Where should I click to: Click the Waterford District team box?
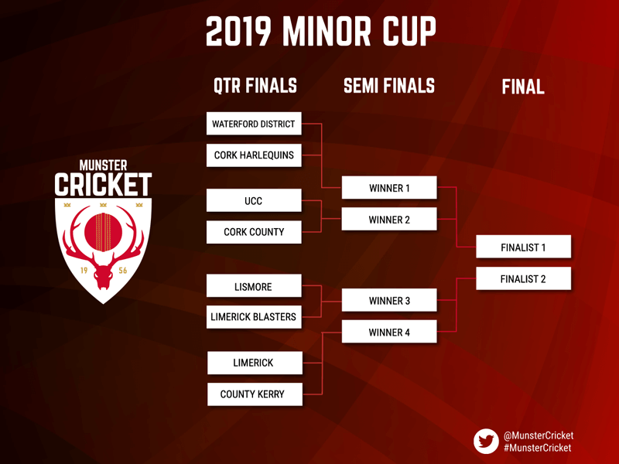pyautogui.click(x=254, y=124)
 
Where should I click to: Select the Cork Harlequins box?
pyautogui.click(x=254, y=155)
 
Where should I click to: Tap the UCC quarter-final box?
pyautogui.click(x=254, y=200)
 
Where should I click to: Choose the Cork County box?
pyautogui.click(x=254, y=232)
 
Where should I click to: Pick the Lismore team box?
pyautogui.click(x=254, y=285)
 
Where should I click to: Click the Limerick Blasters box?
pyautogui.click(x=254, y=317)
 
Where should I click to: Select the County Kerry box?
pyautogui.click(x=255, y=394)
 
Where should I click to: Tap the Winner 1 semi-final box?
pyautogui.click(x=389, y=187)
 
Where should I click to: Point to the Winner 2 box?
pyautogui.click(x=389, y=219)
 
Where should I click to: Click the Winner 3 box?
pyautogui.click(x=389, y=300)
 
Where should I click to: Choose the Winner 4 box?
pyautogui.click(x=389, y=332)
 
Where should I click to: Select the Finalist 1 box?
pyautogui.click(x=524, y=247)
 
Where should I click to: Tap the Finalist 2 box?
pyautogui.click(x=524, y=278)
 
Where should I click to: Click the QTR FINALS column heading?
pyautogui.click(x=255, y=86)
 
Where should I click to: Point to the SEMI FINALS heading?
pyautogui.click(x=389, y=86)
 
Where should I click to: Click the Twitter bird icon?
pyautogui.click(x=487, y=441)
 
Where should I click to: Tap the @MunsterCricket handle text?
pyautogui.click(x=539, y=435)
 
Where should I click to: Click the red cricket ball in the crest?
pyautogui.click(x=104, y=232)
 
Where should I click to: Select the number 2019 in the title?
pyautogui.click(x=239, y=32)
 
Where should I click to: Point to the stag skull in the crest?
pyautogui.click(x=103, y=275)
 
